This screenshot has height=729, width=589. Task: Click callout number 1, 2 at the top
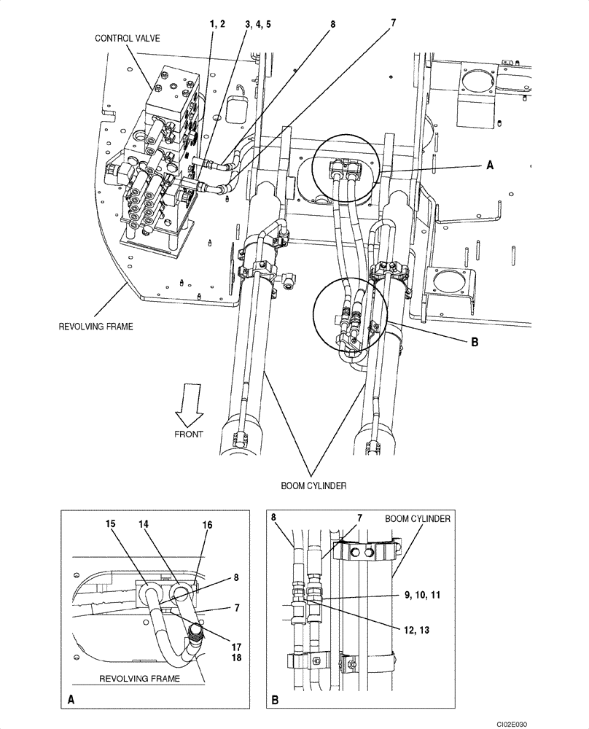[x=217, y=24]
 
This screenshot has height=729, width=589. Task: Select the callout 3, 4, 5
[x=258, y=24]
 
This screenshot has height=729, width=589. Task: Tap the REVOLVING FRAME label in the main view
[x=96, y=326]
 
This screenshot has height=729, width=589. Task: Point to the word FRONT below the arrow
[x=189, y=434]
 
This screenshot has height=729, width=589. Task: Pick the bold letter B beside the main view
[x=474, y=341]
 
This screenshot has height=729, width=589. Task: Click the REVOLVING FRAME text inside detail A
[x=139, y=678]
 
